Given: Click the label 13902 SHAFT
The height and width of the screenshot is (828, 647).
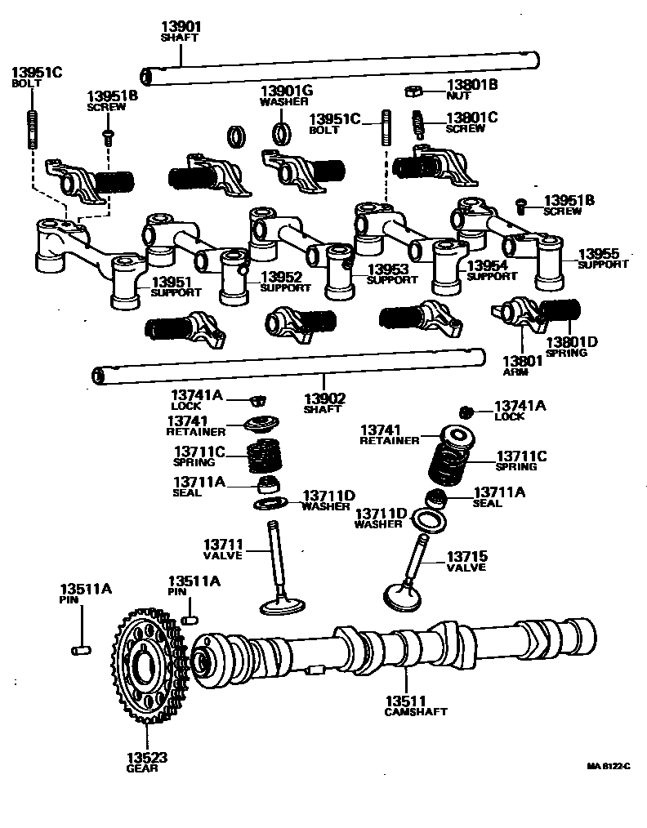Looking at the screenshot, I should [324, 403].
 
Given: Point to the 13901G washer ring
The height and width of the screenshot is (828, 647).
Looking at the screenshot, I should [281, 131].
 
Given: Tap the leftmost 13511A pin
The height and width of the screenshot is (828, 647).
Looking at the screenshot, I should [79, 649].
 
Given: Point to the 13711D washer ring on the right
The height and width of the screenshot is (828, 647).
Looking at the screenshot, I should [430, 520].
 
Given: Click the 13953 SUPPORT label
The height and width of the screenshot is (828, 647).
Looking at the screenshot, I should [391, 274].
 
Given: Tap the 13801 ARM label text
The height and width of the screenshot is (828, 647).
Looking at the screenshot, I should [518, 365].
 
